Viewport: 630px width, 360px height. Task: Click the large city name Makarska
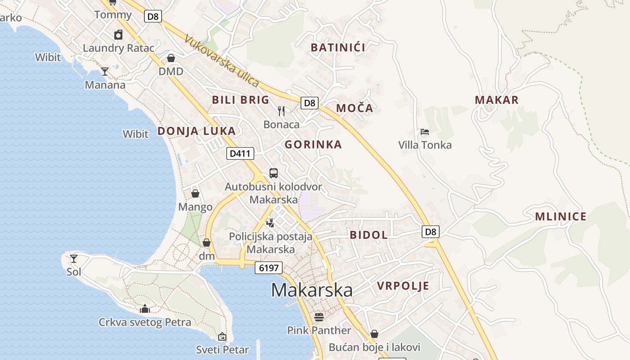pyautogui.click(x=312, y=290)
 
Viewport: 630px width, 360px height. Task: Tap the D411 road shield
pyautogui.click(x=240, y=153)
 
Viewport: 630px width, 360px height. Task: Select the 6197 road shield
pyautogui.click(x=269, y=268)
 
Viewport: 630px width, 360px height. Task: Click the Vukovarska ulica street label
pyautogui.click(x=221, y=61)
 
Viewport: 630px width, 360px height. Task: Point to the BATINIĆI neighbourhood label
pyautogui.click(x=338, y=47)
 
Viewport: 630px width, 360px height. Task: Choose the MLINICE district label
pyautogui.click(x=561, y=217)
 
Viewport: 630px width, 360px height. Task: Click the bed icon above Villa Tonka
pyautogui.click(x=424, y=132)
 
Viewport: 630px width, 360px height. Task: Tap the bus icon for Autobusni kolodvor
pyautogui.click(x=273, y=173)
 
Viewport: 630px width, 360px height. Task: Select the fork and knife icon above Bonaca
pyautogui.click(x=281, y=111)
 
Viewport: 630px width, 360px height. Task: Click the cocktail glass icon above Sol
pyautogui.click(x=74, y=259)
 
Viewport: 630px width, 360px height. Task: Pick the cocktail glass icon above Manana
pyautogui.click(x=105, y=71)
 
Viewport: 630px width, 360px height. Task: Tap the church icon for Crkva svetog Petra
pyautogui.click(x=144, y=309)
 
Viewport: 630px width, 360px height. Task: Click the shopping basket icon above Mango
pyautogui.click(x=195, y=193)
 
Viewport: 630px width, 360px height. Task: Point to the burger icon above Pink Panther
pyautogui.click(x=319, y=317)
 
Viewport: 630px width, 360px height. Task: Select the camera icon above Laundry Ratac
pyautogui.click(x=118, y=35)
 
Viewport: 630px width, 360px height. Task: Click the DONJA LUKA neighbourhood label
pyautogui.click(x=196, y=131)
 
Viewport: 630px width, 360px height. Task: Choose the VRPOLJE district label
pyautogui.click(x=403, y=286)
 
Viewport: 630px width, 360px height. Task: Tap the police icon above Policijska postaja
pyautogui.click(x=270, y=222)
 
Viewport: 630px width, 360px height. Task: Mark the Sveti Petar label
pyautogui.click(x=222, y=350)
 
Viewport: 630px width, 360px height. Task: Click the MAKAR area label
pyautogui.click(x=497, y=100)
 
